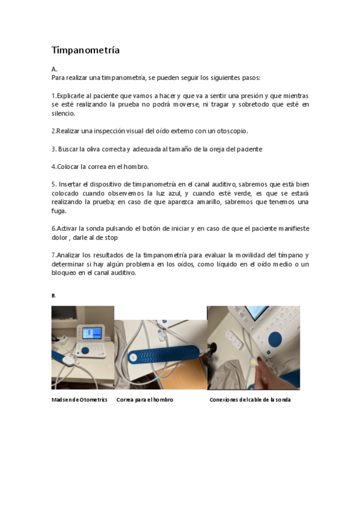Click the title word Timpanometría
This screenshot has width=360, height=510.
coord(85,50)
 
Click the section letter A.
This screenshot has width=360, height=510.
coord(54,69)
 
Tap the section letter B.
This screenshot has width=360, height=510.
coord(53,295)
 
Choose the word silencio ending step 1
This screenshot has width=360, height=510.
coord(63,113)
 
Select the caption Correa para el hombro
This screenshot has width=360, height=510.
coord(144,399)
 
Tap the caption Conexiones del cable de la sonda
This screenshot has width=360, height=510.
coord(249,399)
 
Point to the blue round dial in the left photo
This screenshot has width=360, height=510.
coord(85,350)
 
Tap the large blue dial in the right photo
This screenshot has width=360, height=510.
coord(276,340)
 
